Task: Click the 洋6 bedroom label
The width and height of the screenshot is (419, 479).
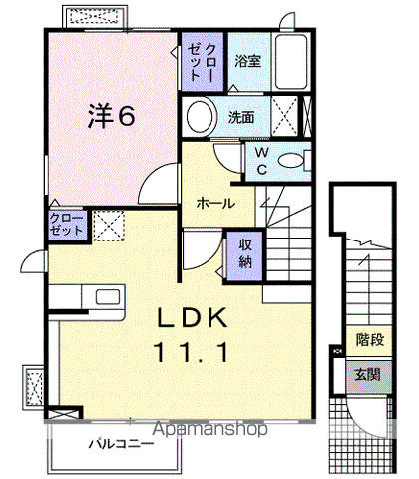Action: pyautogui.click(x=112, y=116)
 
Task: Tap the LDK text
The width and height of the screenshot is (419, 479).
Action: pyautogui.click(x=193, y=318)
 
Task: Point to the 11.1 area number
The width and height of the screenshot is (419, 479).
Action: pyautogui.click(x=192, y=352)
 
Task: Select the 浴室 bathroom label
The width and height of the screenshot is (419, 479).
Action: pyautogui.click(x=248, y=61)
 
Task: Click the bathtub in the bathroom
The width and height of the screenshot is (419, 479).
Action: pyautogui.click(x=291, y=61)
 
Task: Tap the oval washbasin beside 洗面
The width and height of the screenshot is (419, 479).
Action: pyautogui.click(x=200, y=116)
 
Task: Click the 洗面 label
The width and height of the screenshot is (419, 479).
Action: pyautogui.click(x=241, y=117)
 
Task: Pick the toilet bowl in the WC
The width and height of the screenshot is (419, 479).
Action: pyautogui.click(x=291, y=161)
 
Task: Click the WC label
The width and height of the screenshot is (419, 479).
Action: pyautogui.click(x=262, y=161)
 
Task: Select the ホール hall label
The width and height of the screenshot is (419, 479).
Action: pyautogui.click(x=215, y=203)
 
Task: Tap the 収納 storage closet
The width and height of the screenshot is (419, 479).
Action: pyautogui.click(x=245, y=254)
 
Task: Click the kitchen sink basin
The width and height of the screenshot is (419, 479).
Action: pyautogui.click(x=108, y=296)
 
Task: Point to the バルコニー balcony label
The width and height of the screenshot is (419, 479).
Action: pyautogui.click(x=122, y=444)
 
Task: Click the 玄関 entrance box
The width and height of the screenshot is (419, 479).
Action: pyautogui.click(x=368, y=375)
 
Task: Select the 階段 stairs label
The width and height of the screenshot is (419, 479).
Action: pyautogui.click(x=370, y=340)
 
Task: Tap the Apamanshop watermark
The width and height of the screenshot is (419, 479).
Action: pyautogui.click(x=209, y=429)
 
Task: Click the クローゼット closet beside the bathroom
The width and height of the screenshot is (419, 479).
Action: pyautogui.click(x=203, y=61)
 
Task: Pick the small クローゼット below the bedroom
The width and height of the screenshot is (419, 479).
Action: pyautogui.click(x=67, y=225)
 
